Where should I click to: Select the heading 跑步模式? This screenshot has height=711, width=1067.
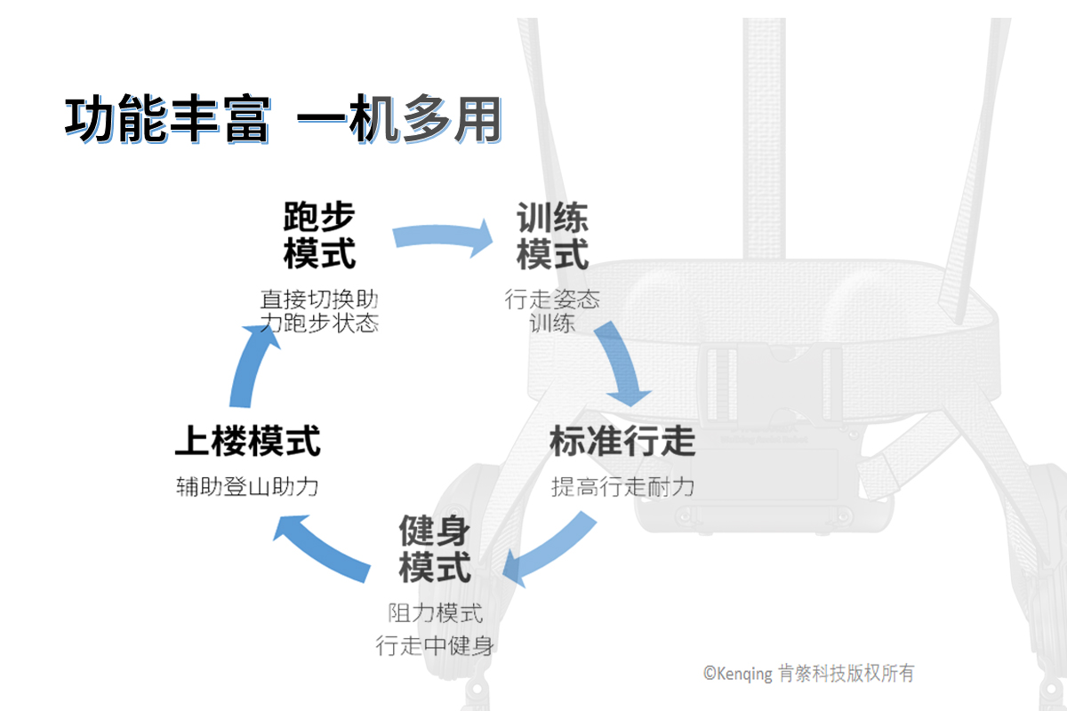pyautogui.click(x=319, y=235)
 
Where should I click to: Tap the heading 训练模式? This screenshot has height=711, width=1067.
pyautogui.click(x=552, y=236)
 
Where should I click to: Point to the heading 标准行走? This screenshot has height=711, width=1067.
pyautogui.click(x=622, y=440)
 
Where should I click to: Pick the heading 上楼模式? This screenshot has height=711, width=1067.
pyautogui.click(x=247, y=440)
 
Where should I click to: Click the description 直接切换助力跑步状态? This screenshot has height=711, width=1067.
pyautogui.click(x=319, y=310)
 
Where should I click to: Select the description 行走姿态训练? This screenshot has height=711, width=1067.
pyautogui.click(x=552, y=310)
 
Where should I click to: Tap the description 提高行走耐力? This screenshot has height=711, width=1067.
pyautogui.click(x=622, y=486)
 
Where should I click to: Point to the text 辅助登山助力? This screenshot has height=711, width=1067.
pyautogui.click(x=247, y=487)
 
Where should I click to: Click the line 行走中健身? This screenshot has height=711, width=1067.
pyautogui.click(x=435, y=646)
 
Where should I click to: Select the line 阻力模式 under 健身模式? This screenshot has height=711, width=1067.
pyautogui.click(x=435, y=612)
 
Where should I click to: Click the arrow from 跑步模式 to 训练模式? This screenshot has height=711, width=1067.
pyautogui.click(x=443, y=237)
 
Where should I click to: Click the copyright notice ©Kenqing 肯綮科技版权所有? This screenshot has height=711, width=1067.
pyautogui.click(x=808, y=673)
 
